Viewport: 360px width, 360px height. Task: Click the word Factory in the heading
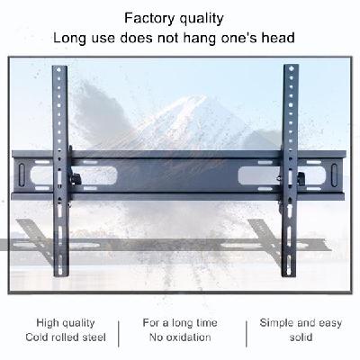coord(149,18)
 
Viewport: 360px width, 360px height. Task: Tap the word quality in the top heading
coord(202,20)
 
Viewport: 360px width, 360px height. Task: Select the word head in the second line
coord(278,38)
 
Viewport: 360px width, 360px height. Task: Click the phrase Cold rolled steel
coord(66,337)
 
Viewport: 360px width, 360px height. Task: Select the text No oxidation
coord(180,337)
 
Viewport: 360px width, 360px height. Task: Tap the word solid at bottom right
coord(301,337)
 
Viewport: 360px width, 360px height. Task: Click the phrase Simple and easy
coord(301,323)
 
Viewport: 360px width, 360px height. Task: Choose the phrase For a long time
coord(180,323)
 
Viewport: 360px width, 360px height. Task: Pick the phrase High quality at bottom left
coord(66,323)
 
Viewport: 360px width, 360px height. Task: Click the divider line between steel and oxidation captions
coord(119,334)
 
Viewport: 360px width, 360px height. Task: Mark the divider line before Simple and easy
coord(247,334)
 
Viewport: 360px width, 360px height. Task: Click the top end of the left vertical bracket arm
coord(59,67)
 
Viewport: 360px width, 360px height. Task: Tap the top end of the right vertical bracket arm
coord(291,65)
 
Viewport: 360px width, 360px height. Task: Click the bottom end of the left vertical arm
coord(61,276)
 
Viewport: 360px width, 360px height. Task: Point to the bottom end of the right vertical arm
coord(289,276)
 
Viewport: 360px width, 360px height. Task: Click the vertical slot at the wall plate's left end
coord(22,175)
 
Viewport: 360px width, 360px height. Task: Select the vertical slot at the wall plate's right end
coord(334,175)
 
